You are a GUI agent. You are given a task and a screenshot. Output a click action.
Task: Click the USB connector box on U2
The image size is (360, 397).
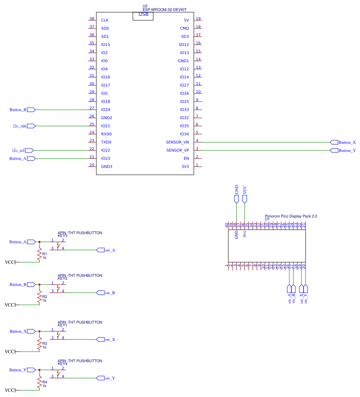[x=143, y=15]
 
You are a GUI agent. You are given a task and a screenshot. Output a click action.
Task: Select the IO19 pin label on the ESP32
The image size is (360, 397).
[x=106, y=110]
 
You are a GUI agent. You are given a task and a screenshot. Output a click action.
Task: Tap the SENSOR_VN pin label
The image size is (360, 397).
[x=178, y=142]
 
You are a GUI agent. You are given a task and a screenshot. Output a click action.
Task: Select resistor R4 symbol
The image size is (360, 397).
[x=39, y=383]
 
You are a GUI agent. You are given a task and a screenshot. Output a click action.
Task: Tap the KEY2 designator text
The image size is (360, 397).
[x=63, y=278]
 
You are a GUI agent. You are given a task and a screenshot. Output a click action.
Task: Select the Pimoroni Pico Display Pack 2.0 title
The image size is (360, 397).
[x=291, y=216]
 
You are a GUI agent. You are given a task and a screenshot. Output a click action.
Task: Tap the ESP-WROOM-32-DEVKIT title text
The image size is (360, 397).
[x=167, y=9]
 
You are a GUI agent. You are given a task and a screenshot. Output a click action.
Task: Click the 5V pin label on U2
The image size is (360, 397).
[x=186, y=20]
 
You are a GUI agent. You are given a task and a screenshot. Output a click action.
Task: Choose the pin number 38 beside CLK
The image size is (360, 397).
[x=92, y=19]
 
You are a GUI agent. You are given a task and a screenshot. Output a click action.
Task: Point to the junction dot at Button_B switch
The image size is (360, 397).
[x=39, y=284]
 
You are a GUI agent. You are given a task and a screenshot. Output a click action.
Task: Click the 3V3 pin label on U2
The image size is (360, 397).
[x=185, y=167]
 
